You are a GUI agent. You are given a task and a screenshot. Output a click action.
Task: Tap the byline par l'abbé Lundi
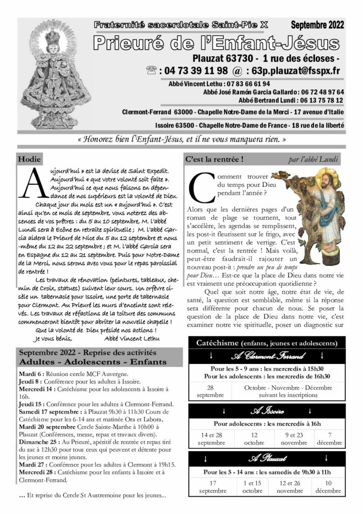(313, 160)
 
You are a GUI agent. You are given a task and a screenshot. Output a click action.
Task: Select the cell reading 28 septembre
(210, 391)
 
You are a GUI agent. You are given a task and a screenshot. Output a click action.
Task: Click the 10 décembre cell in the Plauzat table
(328, 486)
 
